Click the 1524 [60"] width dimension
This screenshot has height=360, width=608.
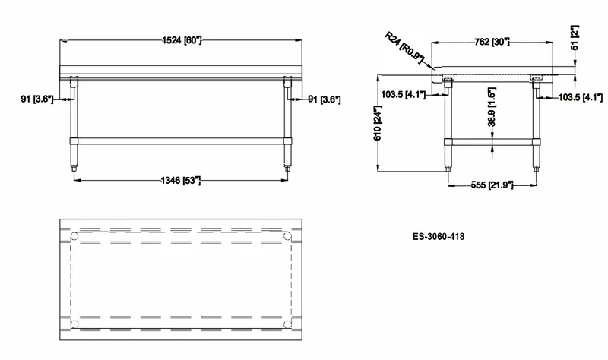point(182,40)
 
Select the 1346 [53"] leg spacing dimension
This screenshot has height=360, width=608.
point(181,180)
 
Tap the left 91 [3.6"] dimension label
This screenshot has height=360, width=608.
point(36,99)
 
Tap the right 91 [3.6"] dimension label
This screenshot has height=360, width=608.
point(325,99)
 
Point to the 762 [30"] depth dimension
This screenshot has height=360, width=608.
point(492,42)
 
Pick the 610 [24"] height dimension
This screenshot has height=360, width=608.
point(378,123)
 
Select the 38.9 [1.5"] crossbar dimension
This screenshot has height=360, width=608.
point(492,107)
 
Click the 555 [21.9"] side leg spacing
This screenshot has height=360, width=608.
point(492,185)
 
